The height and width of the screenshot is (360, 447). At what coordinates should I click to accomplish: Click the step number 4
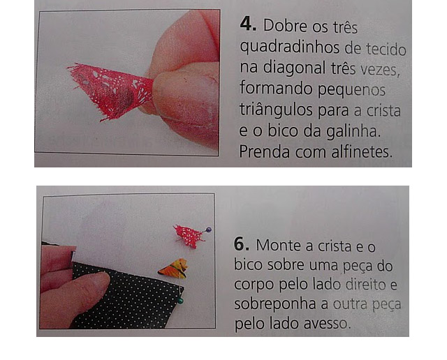coord(248,24)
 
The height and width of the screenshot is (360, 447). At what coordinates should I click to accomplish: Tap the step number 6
coord(242,244)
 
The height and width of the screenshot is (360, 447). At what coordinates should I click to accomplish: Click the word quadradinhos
coord(290,48)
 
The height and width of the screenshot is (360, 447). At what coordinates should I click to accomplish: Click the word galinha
coord(353,131)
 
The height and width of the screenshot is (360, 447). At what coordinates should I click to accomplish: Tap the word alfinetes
coord(362,152)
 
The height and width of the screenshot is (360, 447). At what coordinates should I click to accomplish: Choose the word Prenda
coord(265,152)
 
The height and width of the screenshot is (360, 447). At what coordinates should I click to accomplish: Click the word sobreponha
coord(275,305)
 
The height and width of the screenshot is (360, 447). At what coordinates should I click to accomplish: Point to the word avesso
coord(327,324)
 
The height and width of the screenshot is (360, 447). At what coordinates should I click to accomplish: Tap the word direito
coord(365,284)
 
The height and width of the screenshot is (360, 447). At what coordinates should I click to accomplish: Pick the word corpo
coord(254,285)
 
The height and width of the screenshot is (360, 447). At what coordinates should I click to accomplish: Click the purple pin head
coord(209,230)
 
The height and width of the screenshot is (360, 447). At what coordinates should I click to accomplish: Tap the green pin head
coord(180,301)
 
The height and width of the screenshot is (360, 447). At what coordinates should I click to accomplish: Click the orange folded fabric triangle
coord(173,269)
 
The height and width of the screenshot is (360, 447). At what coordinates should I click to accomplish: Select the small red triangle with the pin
coord(189,236)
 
